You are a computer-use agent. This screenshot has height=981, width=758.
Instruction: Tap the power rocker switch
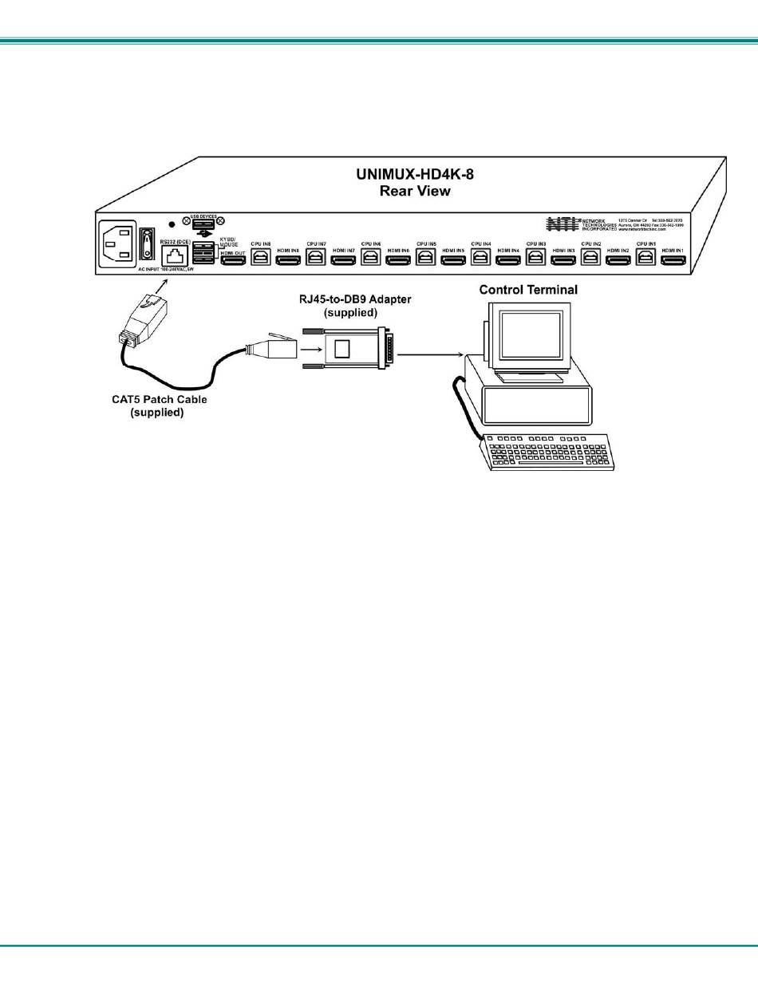click(147, 243)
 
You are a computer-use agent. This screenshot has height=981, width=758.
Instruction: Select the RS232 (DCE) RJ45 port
click(175, 256)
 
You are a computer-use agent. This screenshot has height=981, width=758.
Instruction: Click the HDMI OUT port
click(232, 259)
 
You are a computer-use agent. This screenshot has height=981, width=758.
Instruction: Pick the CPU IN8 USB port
click(261, 257)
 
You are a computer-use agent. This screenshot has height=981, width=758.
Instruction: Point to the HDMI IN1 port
click(673, 259)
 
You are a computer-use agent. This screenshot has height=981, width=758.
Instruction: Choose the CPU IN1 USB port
click(645, 257)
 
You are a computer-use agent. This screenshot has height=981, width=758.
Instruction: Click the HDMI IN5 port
click(453, 259)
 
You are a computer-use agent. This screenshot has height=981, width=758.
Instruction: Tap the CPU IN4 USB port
click(481, 257)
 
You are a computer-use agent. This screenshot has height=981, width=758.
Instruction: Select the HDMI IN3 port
click(563, 259)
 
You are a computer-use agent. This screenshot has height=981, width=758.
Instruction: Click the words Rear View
click(415, 191)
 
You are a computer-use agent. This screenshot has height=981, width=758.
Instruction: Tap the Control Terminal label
click(528, 289)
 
